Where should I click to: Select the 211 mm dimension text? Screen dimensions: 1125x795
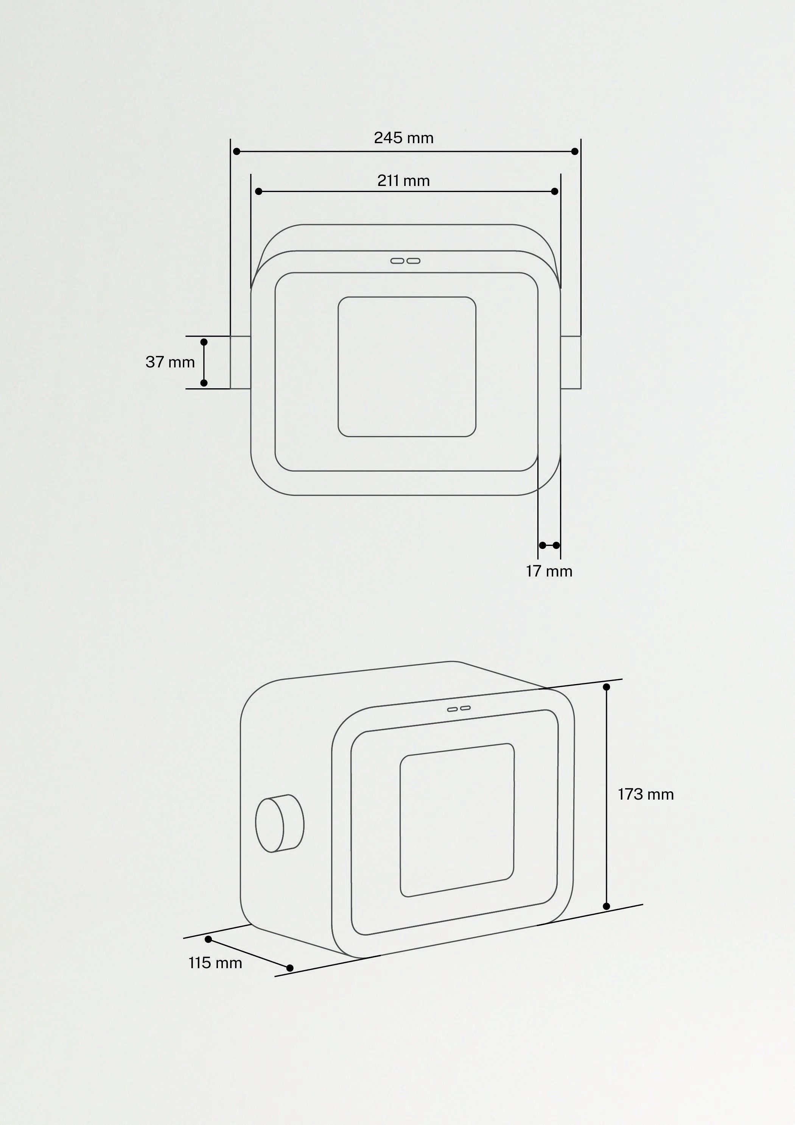pyautogui.click(x=403, y=181)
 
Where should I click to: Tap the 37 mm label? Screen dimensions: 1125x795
pyautogui.click(x=170, y=362)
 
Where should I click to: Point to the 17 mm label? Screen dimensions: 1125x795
pyautogui.click(x=549, y=571)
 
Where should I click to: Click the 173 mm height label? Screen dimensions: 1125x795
pyautogui.click(x=645, y=794)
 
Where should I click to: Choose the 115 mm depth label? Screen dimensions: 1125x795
pyautogui.click(x=215, y=963)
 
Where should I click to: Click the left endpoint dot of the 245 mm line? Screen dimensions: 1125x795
pyautogui.click(x=236, y=152)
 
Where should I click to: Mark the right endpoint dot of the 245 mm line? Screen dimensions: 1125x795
pyautogui.click(x=575, y=152)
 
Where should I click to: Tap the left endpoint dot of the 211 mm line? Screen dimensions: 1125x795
pyautogui.click(x=258, y=191)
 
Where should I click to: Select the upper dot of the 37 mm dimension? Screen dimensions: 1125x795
pyautogui.click(x=204, y=342)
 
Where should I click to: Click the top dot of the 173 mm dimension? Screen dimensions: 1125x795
pyautogui.click(x=606, y=687)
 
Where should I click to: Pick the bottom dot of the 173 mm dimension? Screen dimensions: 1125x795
pyautogui.click(x=606, y=906)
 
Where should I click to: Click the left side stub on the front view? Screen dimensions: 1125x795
pyautogui.click(x=240, y=362)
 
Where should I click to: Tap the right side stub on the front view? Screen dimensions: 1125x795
pyautogui.click(x=571, y=362)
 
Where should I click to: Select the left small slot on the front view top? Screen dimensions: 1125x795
pyautogui.click(x=397, y=261)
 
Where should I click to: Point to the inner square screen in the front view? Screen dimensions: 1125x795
pyautogui.click(x=407, y=367)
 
